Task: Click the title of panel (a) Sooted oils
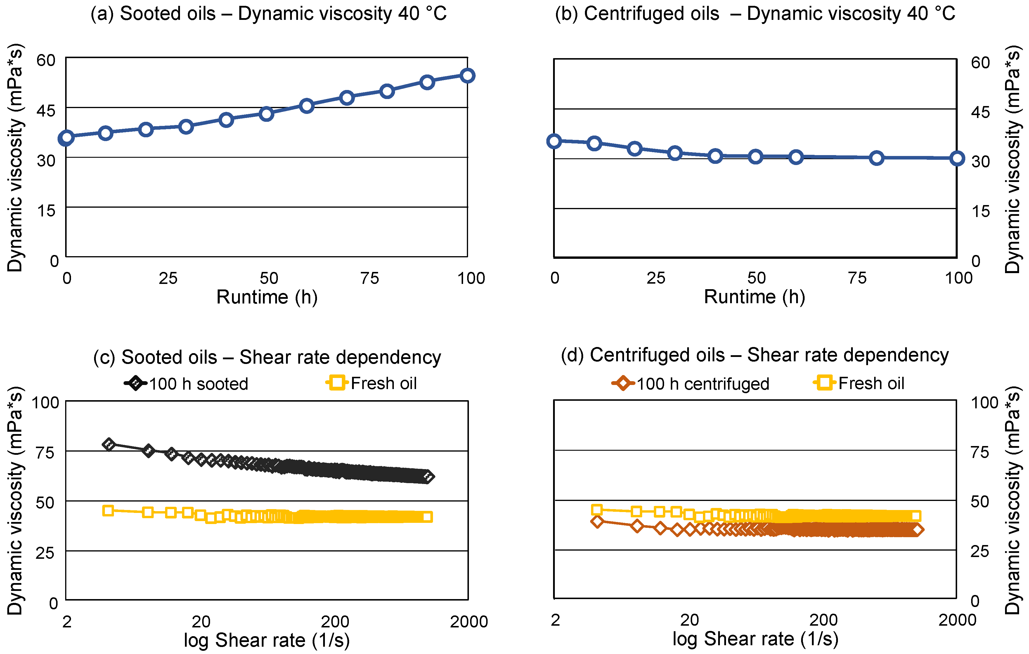[268, 14]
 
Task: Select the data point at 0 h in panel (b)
[554, 141]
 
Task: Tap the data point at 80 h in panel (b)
[876, 158]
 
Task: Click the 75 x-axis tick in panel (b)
[857, 278]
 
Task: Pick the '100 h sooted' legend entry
[186, 383]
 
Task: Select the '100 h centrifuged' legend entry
[691, 383]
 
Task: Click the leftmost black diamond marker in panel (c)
[109, 444]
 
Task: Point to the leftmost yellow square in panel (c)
[108, 511]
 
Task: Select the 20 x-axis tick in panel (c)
[201, 622]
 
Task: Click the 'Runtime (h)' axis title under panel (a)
[267, 297]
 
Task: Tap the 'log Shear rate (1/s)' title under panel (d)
[755, 639]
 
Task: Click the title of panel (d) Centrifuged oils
[755, 355]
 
